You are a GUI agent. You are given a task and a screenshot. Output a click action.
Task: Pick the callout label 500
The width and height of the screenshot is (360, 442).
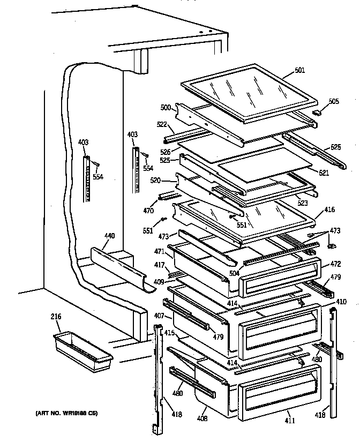165,108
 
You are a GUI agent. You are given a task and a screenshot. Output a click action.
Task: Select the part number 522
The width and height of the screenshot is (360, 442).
162,124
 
